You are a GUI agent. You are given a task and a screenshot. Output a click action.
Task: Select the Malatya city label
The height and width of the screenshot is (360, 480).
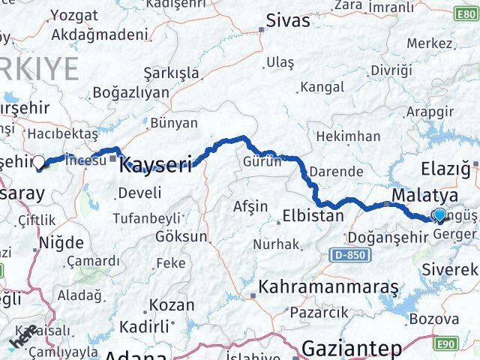(x=422, y=196)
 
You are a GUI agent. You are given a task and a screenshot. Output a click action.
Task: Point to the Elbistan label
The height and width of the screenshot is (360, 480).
(x=313, y=217)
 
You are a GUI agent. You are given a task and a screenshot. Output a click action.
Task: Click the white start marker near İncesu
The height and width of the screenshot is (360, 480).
(x=38, y=160)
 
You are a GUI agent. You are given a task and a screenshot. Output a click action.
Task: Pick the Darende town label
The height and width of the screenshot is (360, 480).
(x=336, y=171)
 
